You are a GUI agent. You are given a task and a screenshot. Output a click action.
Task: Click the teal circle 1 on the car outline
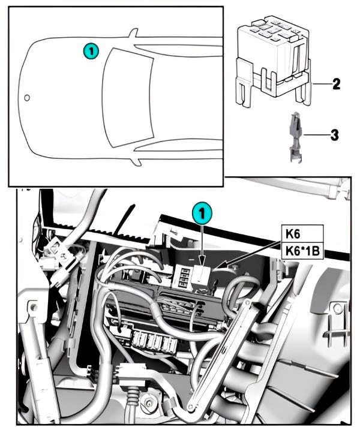[90, 52]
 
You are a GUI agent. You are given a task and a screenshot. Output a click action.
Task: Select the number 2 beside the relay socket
[337, 83]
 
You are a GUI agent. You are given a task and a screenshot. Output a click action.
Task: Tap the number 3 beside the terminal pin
[334, 135]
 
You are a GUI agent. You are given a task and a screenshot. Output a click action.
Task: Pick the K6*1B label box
[302, 249]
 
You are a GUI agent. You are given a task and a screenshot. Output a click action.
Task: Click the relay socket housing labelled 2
[273, 57]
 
